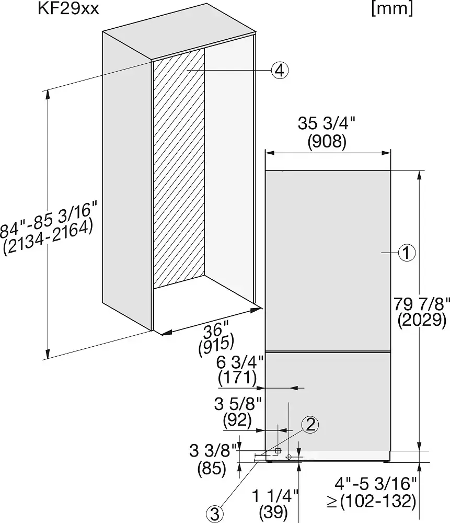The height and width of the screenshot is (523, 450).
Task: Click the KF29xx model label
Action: coord(68,9)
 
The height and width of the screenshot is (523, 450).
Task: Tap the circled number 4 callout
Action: coord(280,71)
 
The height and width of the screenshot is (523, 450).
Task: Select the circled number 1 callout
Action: coord(407,253)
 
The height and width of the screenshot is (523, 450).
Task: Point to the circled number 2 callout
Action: coord(310,425)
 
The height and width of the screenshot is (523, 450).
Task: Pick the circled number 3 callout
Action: coord(215,514)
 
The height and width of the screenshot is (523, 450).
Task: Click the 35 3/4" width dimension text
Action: coord(327,123)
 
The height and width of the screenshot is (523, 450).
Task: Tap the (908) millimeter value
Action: coord(327,142)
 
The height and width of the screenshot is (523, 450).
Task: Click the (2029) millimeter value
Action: coord(422,321)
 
